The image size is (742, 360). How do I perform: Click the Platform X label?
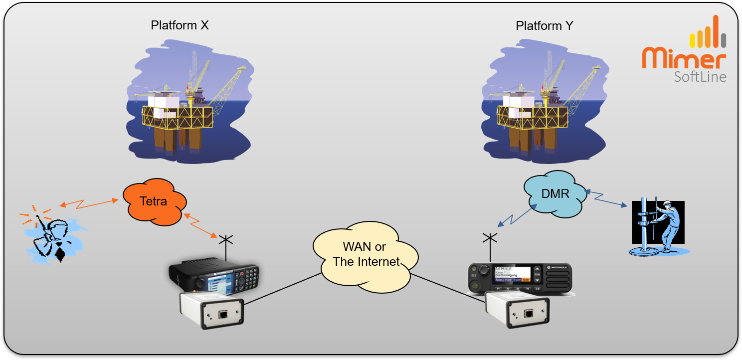click(180, 25)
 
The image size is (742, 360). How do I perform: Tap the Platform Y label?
click(545, 25)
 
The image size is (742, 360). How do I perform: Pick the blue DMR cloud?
click(555, 193)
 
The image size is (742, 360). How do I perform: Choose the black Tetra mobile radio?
click(214, 277)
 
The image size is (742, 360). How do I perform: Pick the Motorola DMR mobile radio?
click(519, 278)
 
